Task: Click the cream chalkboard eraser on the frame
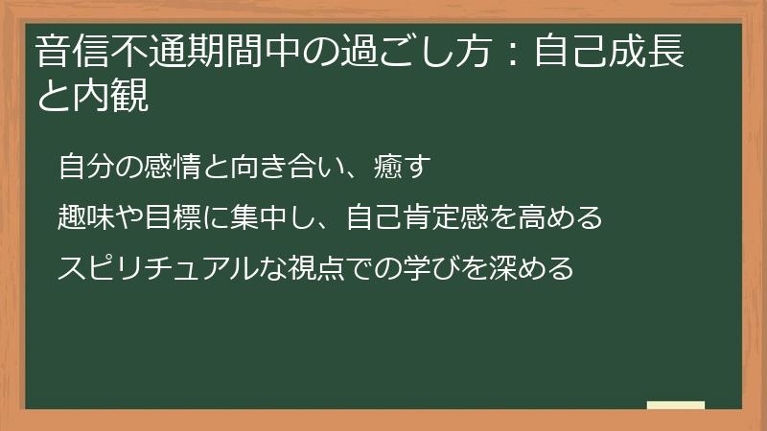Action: pos(676,405)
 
